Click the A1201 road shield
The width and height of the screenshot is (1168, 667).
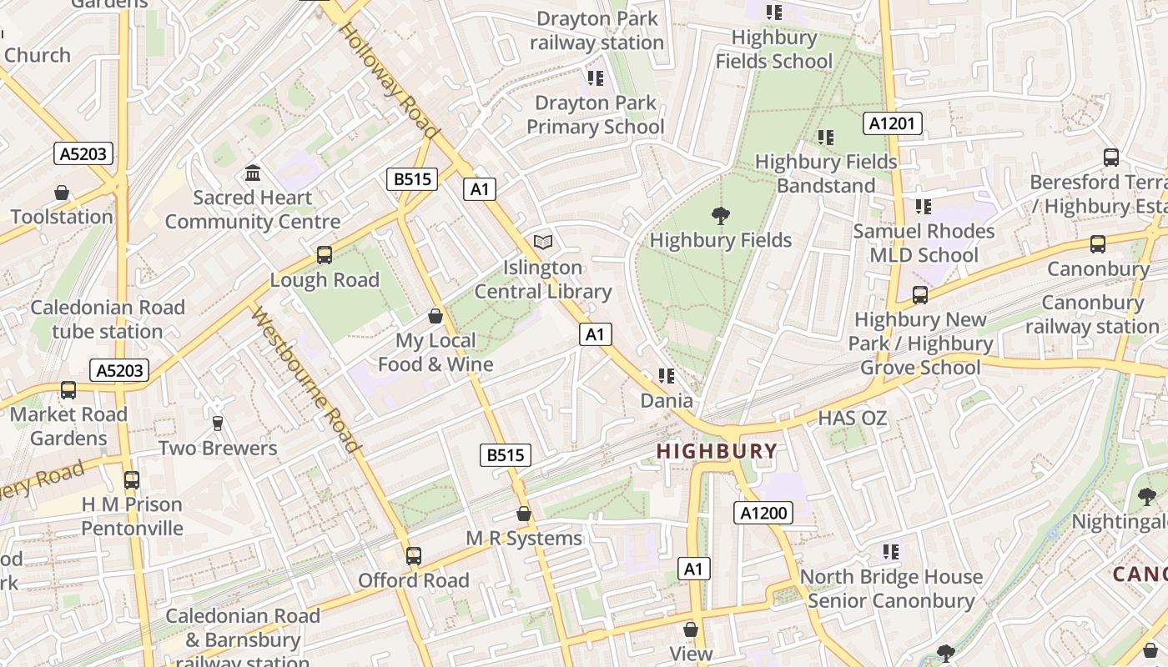click(892, 124)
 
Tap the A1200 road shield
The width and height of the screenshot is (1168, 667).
click(763, 513)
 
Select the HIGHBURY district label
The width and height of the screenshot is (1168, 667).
click(716, 451)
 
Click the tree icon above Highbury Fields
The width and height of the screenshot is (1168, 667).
click(720, 216)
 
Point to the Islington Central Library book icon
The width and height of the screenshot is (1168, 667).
click(543, 243)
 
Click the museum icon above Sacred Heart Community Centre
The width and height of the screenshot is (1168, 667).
click(253, 173)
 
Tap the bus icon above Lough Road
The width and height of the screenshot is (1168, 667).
click(325, 255)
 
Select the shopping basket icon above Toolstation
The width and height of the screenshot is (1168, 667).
click(62, 193)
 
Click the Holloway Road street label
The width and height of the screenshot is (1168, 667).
click(388, 80)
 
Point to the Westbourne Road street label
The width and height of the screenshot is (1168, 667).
click(305, 380)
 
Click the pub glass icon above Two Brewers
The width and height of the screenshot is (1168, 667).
click(218, 424)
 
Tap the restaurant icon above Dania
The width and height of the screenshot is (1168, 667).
click(666, 376)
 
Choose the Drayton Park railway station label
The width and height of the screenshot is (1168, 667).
click(597, 30)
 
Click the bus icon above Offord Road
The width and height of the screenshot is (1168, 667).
click(414, 555)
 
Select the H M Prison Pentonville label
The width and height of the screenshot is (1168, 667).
click(132, 516)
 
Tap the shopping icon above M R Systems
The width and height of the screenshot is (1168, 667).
click(524, 514)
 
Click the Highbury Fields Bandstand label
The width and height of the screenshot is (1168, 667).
click(825, 173)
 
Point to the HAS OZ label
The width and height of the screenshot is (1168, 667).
click(852, 418)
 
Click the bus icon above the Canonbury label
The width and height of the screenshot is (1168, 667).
click(1098, 244)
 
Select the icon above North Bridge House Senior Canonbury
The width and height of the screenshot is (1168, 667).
click(891, 552)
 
